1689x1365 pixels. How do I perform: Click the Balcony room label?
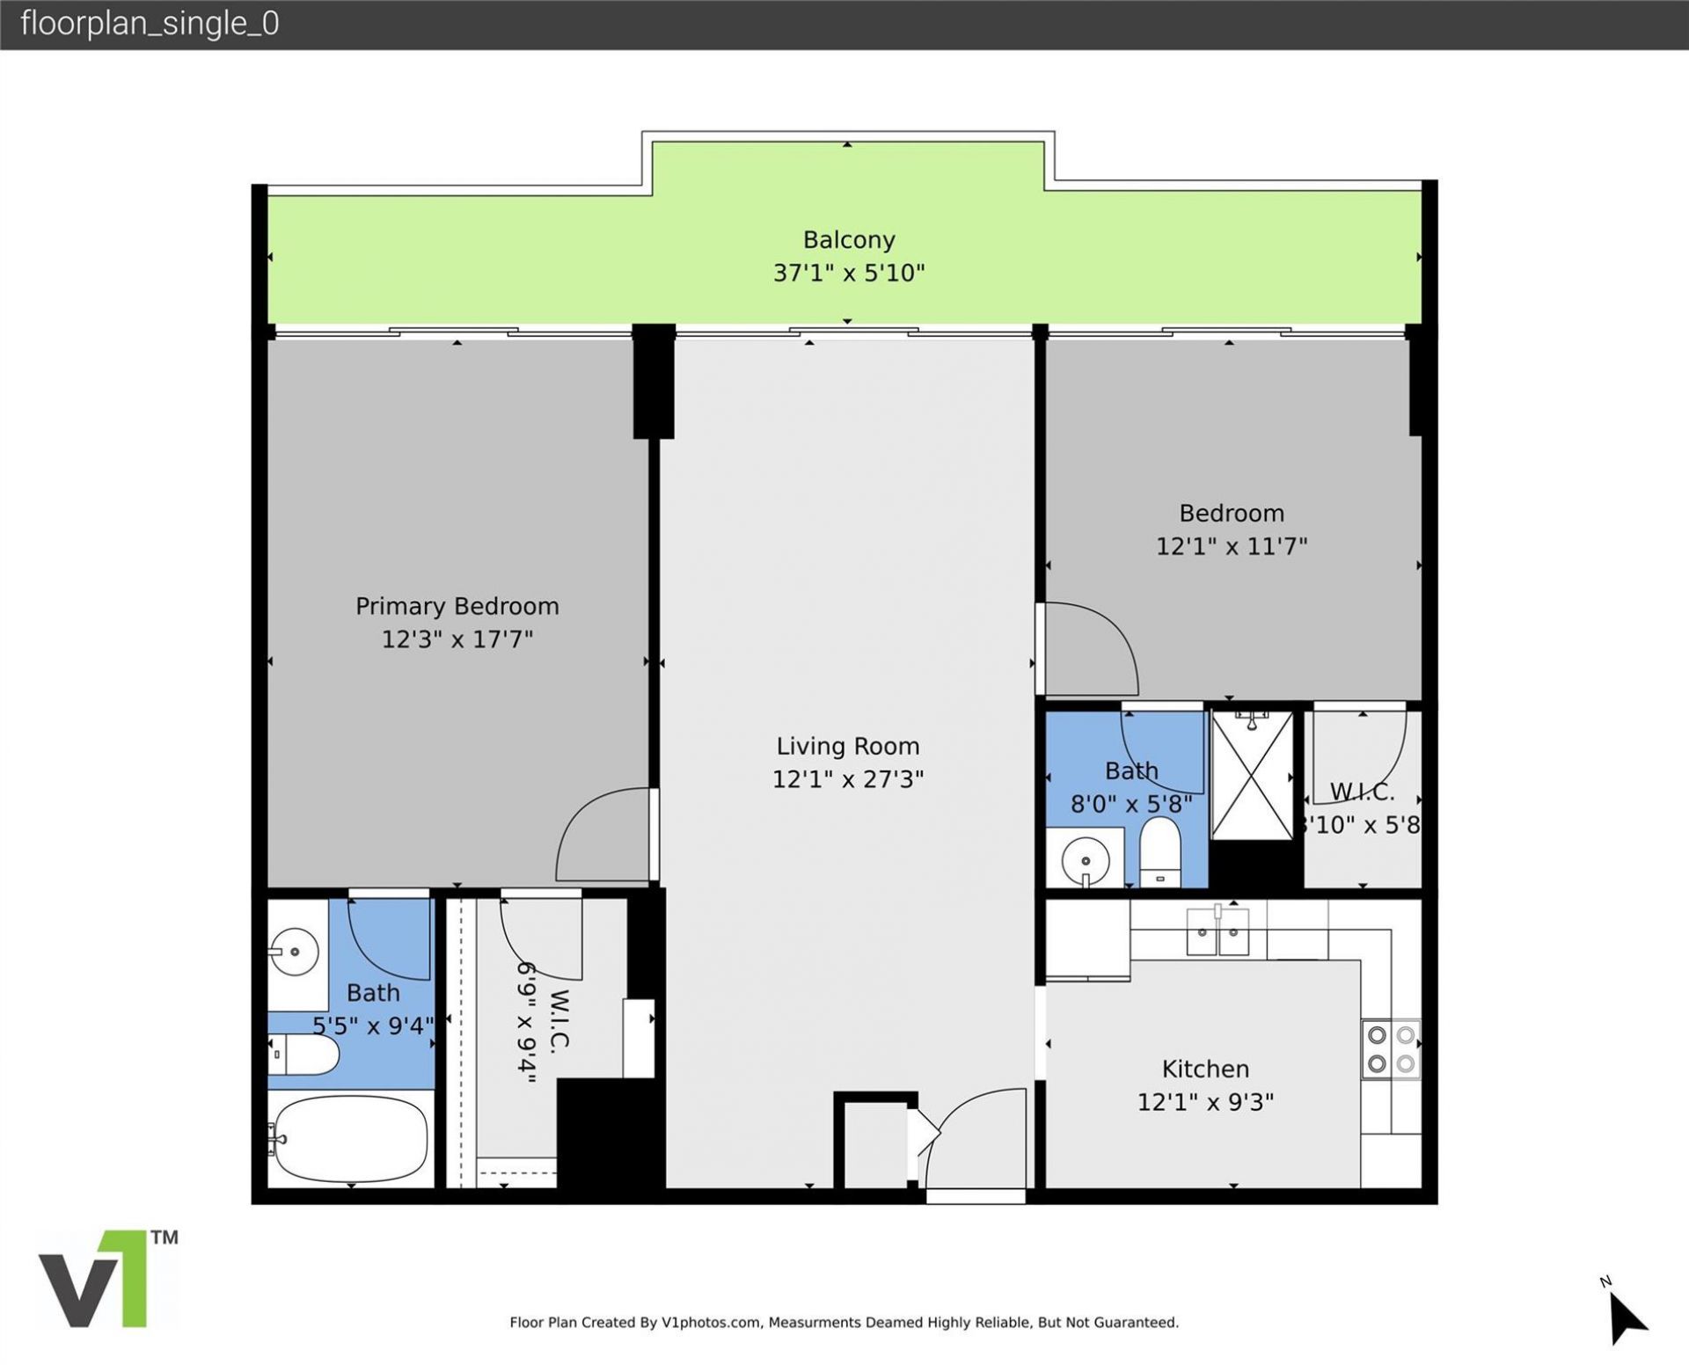click(848, 239)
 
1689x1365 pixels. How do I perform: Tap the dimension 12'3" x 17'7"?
click(457, 639)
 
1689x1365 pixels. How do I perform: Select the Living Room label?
click(847, 746)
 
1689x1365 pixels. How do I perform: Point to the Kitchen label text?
click(1205, 1069)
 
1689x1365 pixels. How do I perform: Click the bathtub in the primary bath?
click(351, 1139)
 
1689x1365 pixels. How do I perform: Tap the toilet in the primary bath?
click(303, 1054)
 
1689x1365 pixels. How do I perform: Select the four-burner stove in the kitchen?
click(1391, 1049)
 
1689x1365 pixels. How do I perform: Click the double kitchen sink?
click(1217, 934)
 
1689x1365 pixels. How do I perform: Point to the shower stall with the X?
click(1252, 776)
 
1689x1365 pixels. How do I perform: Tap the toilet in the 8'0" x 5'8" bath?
click(1159, 852)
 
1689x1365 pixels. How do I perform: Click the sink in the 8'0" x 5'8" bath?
click(1086, 858)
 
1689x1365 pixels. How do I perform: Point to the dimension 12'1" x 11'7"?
click(1231, 546)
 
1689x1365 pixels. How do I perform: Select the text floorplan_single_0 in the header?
click(150, 24)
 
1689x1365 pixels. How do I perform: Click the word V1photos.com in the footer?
click(711, 1322)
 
